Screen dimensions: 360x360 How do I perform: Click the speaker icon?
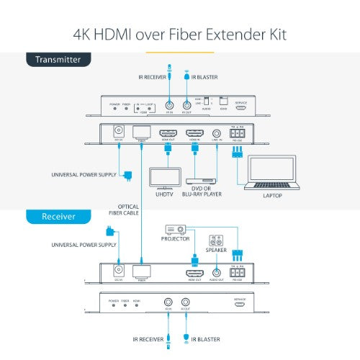click(x=215, y=241)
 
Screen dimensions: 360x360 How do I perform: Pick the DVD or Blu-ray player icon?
click(x=202, y=181)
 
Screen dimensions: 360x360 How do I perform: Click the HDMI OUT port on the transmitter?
click(x=168, y=133)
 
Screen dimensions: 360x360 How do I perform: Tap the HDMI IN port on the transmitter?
click(x=195, y=133)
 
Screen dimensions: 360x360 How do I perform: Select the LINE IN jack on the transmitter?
click(x=219, y=133)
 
